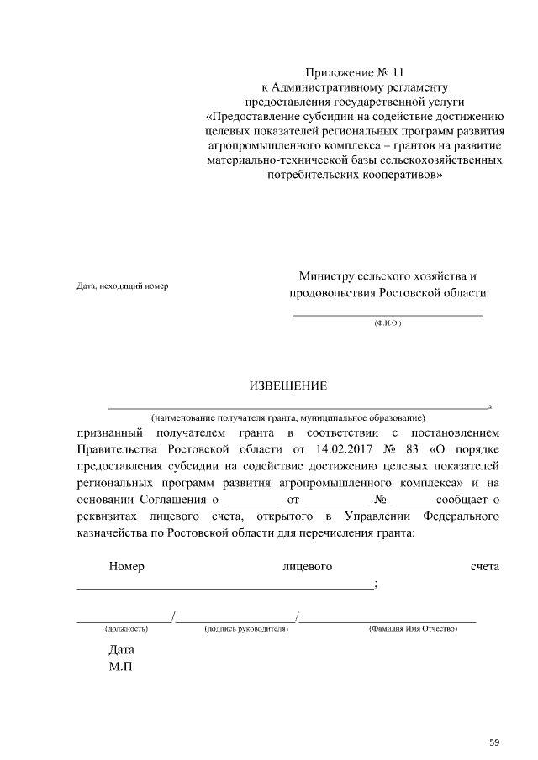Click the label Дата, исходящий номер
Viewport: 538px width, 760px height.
(x=122, y=286)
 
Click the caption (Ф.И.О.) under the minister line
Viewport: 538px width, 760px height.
(x=388, y=322)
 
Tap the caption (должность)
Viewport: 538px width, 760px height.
(x=126, y=628)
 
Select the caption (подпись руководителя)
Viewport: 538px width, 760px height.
(x=240, y=628)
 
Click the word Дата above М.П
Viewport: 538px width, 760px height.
(x=121, y=650)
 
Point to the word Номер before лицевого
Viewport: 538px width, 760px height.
(x=127, y=567)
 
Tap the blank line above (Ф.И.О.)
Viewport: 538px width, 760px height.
(x=388, y=314)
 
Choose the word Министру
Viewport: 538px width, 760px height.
(x=328, y=276)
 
